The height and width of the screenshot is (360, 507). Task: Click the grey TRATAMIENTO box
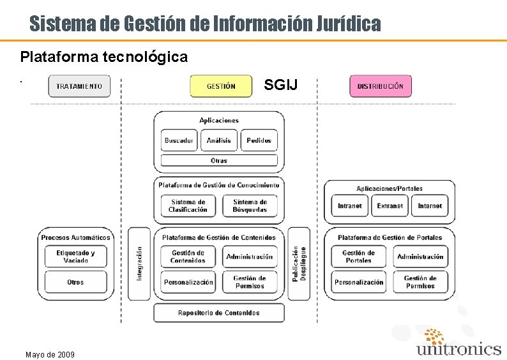[x=79, y=86]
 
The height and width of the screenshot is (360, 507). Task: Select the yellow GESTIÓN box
[x=221, y=86]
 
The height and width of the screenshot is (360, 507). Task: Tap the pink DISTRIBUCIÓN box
[x=381, y=86]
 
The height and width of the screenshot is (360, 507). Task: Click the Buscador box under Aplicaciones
[x=179, y=140]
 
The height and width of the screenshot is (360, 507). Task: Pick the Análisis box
[x=219, y=140]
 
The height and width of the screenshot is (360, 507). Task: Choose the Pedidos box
[x=259, y=140]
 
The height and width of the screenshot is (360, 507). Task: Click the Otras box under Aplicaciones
[x=219, y=160]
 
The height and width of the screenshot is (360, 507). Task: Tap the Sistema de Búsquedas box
[x=250, y=206]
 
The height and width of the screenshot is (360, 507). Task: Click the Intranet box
[x=350, y=206]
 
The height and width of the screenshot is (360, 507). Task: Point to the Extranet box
[x=390, y=206]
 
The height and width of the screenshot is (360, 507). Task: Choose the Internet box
[x=430, y=206]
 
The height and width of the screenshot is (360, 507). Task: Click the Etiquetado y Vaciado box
[x=75, y=257]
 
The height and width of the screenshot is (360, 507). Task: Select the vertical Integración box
[x=139, y=264]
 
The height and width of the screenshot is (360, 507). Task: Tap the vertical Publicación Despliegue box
[x=299, y=264]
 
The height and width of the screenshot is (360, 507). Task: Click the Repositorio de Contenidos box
[x=219, y=313]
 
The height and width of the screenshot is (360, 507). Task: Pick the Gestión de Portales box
[x=358, y=257]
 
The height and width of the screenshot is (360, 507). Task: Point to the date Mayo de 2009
[x=50, y=354]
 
